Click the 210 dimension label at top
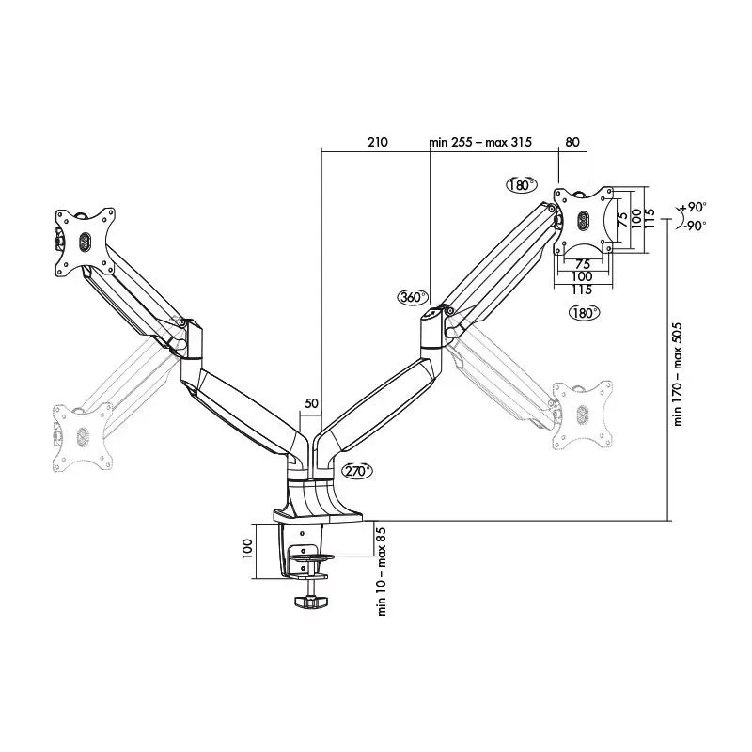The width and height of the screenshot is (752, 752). (x=377, y=143)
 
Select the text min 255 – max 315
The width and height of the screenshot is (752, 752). (x=480, y=143)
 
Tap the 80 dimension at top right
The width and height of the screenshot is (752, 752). (x=572, y=143)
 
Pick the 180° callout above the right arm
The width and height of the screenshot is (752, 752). (x=520, y=184)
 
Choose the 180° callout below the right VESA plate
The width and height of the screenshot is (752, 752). (x=583, y=313)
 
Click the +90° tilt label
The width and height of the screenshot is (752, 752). (x=693, y=208)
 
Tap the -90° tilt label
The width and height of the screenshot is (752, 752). (x=693, y=226)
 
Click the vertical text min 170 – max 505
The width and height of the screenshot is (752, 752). (x=679, y=374)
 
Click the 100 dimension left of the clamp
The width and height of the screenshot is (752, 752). (x=248, y=548)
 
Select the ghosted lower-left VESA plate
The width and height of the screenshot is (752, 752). (x=81, y=436)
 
